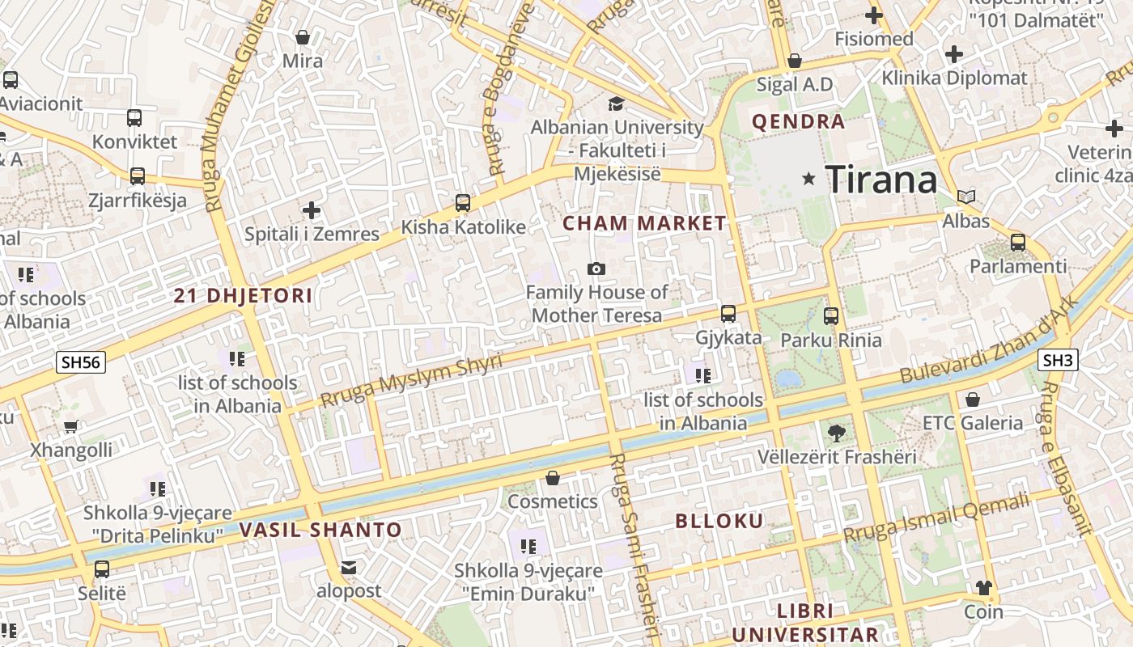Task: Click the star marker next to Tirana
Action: click(x=808, y=179)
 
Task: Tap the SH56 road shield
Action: click(x=81, y=362)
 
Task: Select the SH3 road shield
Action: click(x=1057, y=360)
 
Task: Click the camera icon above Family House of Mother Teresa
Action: click(x=596, y=269)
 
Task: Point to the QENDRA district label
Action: click(x=798, y=122)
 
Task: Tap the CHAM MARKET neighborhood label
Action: click(x=644, y=223)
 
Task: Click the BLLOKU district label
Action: click(x=719, y=521)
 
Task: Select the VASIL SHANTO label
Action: click(x=320, y=531)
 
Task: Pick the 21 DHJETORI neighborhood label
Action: click(x=243, y=295)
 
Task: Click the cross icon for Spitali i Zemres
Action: click(x=312, y=210)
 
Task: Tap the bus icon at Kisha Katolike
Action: click(x=463, y=203)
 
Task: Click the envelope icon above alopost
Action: click(x=348, y=568)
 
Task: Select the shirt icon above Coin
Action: click(x=983, y=588)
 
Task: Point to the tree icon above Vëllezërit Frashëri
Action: click(x=837, y=433)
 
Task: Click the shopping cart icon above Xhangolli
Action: click(x=71, y=426)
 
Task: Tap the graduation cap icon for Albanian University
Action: click(x=617, y=104)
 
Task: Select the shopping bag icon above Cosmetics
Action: click(x=553, y=478)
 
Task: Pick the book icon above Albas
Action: click(x=966, y=197)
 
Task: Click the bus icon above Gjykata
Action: click(x=728, y=314)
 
